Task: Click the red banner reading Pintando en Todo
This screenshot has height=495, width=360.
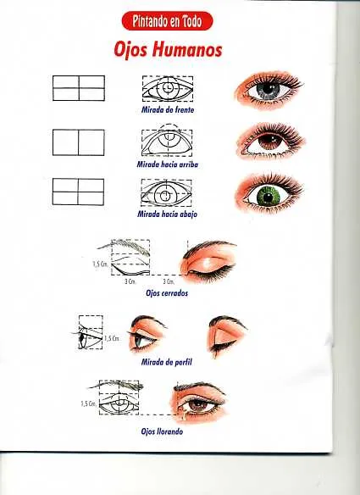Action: pyautogui.click(x=168, y=20)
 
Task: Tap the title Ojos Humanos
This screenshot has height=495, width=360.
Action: pyautogui.click(x=168, y=50)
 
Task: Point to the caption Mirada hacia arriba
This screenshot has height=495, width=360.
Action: pyautogui.click(x=169, y=163)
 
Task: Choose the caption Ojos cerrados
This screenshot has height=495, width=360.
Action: pyautogui.click(x=167, y=292)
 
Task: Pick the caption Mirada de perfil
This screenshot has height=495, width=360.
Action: pyautogui.click(x=167, y=362)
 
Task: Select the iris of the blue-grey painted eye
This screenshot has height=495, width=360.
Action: pyautogui.click(x=269, y=88)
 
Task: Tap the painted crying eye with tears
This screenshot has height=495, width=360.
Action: pyautogui.click(x=202, y=402)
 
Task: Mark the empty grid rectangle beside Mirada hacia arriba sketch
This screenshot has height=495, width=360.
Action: pyautogui.click(x=78, y=142)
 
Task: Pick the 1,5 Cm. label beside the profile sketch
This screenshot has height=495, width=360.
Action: pyautogui.click(x=111, y=338)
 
